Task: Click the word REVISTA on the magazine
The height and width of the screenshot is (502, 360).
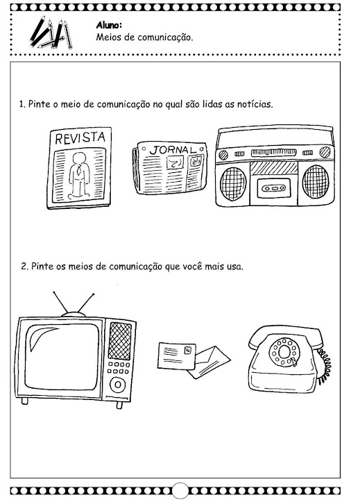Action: [x=80, y=137]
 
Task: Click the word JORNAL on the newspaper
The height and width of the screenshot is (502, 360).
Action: [x=173, y=149]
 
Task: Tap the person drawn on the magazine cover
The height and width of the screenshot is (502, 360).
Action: [x=79, y=174]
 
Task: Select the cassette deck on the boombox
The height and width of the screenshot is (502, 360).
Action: [x=274, y=188]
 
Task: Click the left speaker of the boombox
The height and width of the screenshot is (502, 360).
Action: [x=233, y=183]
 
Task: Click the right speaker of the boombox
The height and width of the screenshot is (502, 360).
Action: [x=316, y=181]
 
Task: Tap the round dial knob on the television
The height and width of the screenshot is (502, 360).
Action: [x=118, y=384]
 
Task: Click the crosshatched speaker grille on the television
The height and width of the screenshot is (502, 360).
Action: [x=120, y=341]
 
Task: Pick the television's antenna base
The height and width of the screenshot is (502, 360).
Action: [x=74, y=314]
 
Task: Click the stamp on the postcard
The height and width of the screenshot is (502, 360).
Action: [x=188, y=350]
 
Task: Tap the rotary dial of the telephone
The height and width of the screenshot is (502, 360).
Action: [x=284, y=352]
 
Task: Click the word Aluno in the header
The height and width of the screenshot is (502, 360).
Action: [x=109, y=25]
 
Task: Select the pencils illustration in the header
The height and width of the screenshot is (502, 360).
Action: [x=51, y=33]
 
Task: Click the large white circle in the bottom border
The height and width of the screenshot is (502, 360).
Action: [x=180, y=491]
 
